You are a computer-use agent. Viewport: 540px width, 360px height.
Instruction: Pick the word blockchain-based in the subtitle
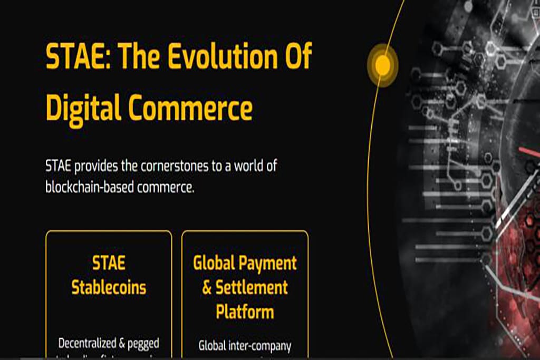(90, 188)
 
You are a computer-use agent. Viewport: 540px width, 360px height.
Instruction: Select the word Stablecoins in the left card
(109, 288)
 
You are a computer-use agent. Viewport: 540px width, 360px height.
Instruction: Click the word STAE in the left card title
(109, 263)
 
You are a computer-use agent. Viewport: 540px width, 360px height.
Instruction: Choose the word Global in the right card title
(216, 263)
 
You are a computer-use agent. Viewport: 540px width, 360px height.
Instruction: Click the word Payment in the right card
(270, 263)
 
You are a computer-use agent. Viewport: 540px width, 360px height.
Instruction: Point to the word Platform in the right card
(245, 312)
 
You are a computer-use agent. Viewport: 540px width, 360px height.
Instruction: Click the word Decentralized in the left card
(87, 344)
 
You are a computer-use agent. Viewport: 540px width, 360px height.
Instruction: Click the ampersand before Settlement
(207, 288)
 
